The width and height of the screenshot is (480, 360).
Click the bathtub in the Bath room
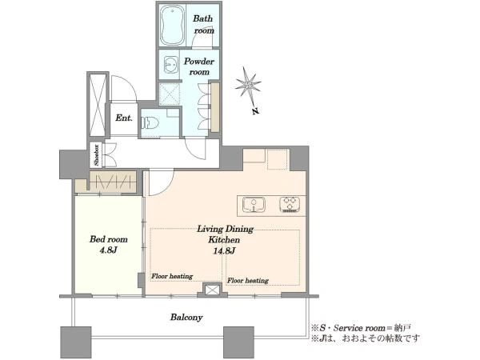(x=173, y=26)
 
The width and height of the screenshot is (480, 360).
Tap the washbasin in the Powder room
(x=171, y=65)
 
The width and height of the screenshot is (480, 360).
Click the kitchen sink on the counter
(x=254, y=205)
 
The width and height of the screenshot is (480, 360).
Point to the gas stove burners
(x=290, y=205)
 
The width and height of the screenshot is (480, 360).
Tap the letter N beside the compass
(x=256, y=111)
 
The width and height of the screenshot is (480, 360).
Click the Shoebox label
(x=97, y=155)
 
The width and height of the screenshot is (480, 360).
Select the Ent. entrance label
(x=124, y=118)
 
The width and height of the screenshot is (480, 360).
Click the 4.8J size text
(x=109, y=250)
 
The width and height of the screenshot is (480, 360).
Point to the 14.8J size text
(x=224, y=251)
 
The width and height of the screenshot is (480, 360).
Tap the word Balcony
(x=186, y=317)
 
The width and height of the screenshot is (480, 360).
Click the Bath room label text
(x=203, y=25)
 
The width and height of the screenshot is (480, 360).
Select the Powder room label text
(x=199, y=66)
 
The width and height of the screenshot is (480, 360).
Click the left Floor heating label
(x=172, y=276)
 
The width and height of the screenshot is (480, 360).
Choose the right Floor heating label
(x=248, y=281)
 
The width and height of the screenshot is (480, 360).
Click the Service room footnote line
(x=361, y=328)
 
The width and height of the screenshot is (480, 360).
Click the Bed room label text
(x=109, y=239)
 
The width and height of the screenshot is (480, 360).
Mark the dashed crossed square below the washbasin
(x=170, y=94)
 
